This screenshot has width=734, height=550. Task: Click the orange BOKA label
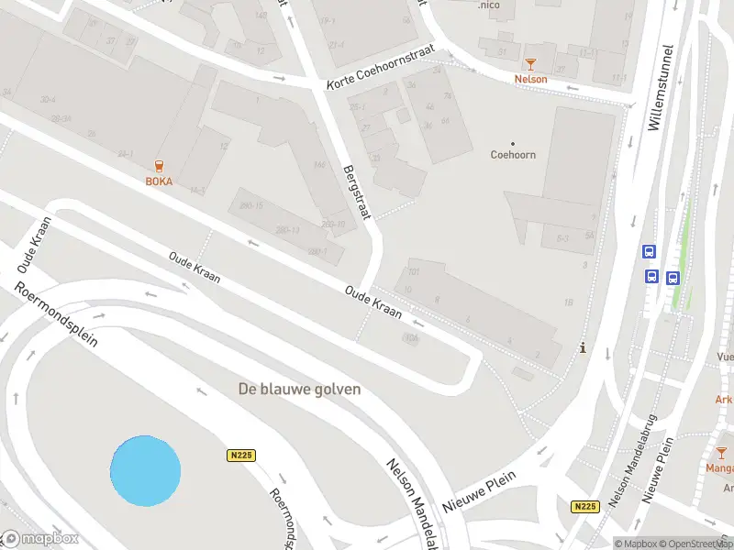coord(159,181)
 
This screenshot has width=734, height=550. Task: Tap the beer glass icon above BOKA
coord(160,166)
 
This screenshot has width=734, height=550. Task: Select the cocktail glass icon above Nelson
coord(529,63)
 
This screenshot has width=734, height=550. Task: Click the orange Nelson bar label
coord(530,79)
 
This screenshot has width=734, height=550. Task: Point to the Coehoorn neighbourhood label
coord(513,155)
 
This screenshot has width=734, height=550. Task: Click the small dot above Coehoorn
coord(513,142)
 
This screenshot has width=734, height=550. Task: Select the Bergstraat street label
coord(355,192)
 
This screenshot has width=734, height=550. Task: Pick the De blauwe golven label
coord(299,389)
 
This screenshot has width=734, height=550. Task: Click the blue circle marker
coord(145,470)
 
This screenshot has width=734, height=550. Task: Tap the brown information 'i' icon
coord(582,348)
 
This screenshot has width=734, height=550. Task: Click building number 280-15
coord(250,205)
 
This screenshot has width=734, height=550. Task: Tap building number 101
coord(413,272)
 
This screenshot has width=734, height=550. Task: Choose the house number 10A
coord(410,337)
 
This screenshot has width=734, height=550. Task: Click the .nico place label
coord(489,5)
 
